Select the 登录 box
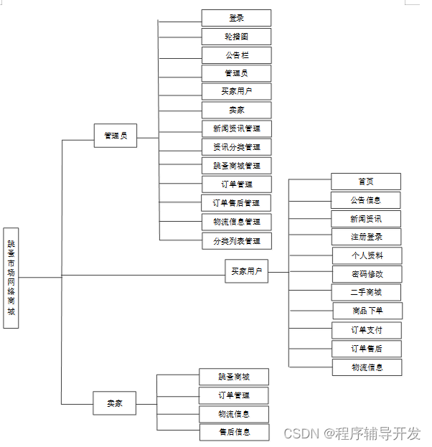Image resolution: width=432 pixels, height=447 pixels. click(x=236, y=18)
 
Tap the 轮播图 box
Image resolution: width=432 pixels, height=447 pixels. click(x=236, y=37)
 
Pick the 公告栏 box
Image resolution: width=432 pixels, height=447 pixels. click(x=236, y=55)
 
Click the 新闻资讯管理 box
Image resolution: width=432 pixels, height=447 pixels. click(x=236, y=128)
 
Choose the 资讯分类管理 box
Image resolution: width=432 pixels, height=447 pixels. click(x=236, y=147)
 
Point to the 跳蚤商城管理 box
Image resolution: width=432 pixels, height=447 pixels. click(x=236, y=166)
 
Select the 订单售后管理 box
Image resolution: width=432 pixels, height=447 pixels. click(x=236, y=203)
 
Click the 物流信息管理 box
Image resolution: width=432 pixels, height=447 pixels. click(x=236, y=222)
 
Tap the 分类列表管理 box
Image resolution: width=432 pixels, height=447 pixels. click(x=236, y=240)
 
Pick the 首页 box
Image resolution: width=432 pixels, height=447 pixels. click(x=366, y=182)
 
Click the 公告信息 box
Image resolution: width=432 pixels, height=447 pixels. click(x=366, y=200)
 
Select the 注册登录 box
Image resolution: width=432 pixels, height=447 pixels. click(x=366, y=237)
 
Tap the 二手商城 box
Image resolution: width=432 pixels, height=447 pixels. click(x=366, y=292)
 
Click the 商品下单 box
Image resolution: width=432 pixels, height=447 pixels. click(x=367, y=311)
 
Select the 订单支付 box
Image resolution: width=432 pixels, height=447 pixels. click(x=366, y=330)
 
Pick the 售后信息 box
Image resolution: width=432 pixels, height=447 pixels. click(x=235, y=432)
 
